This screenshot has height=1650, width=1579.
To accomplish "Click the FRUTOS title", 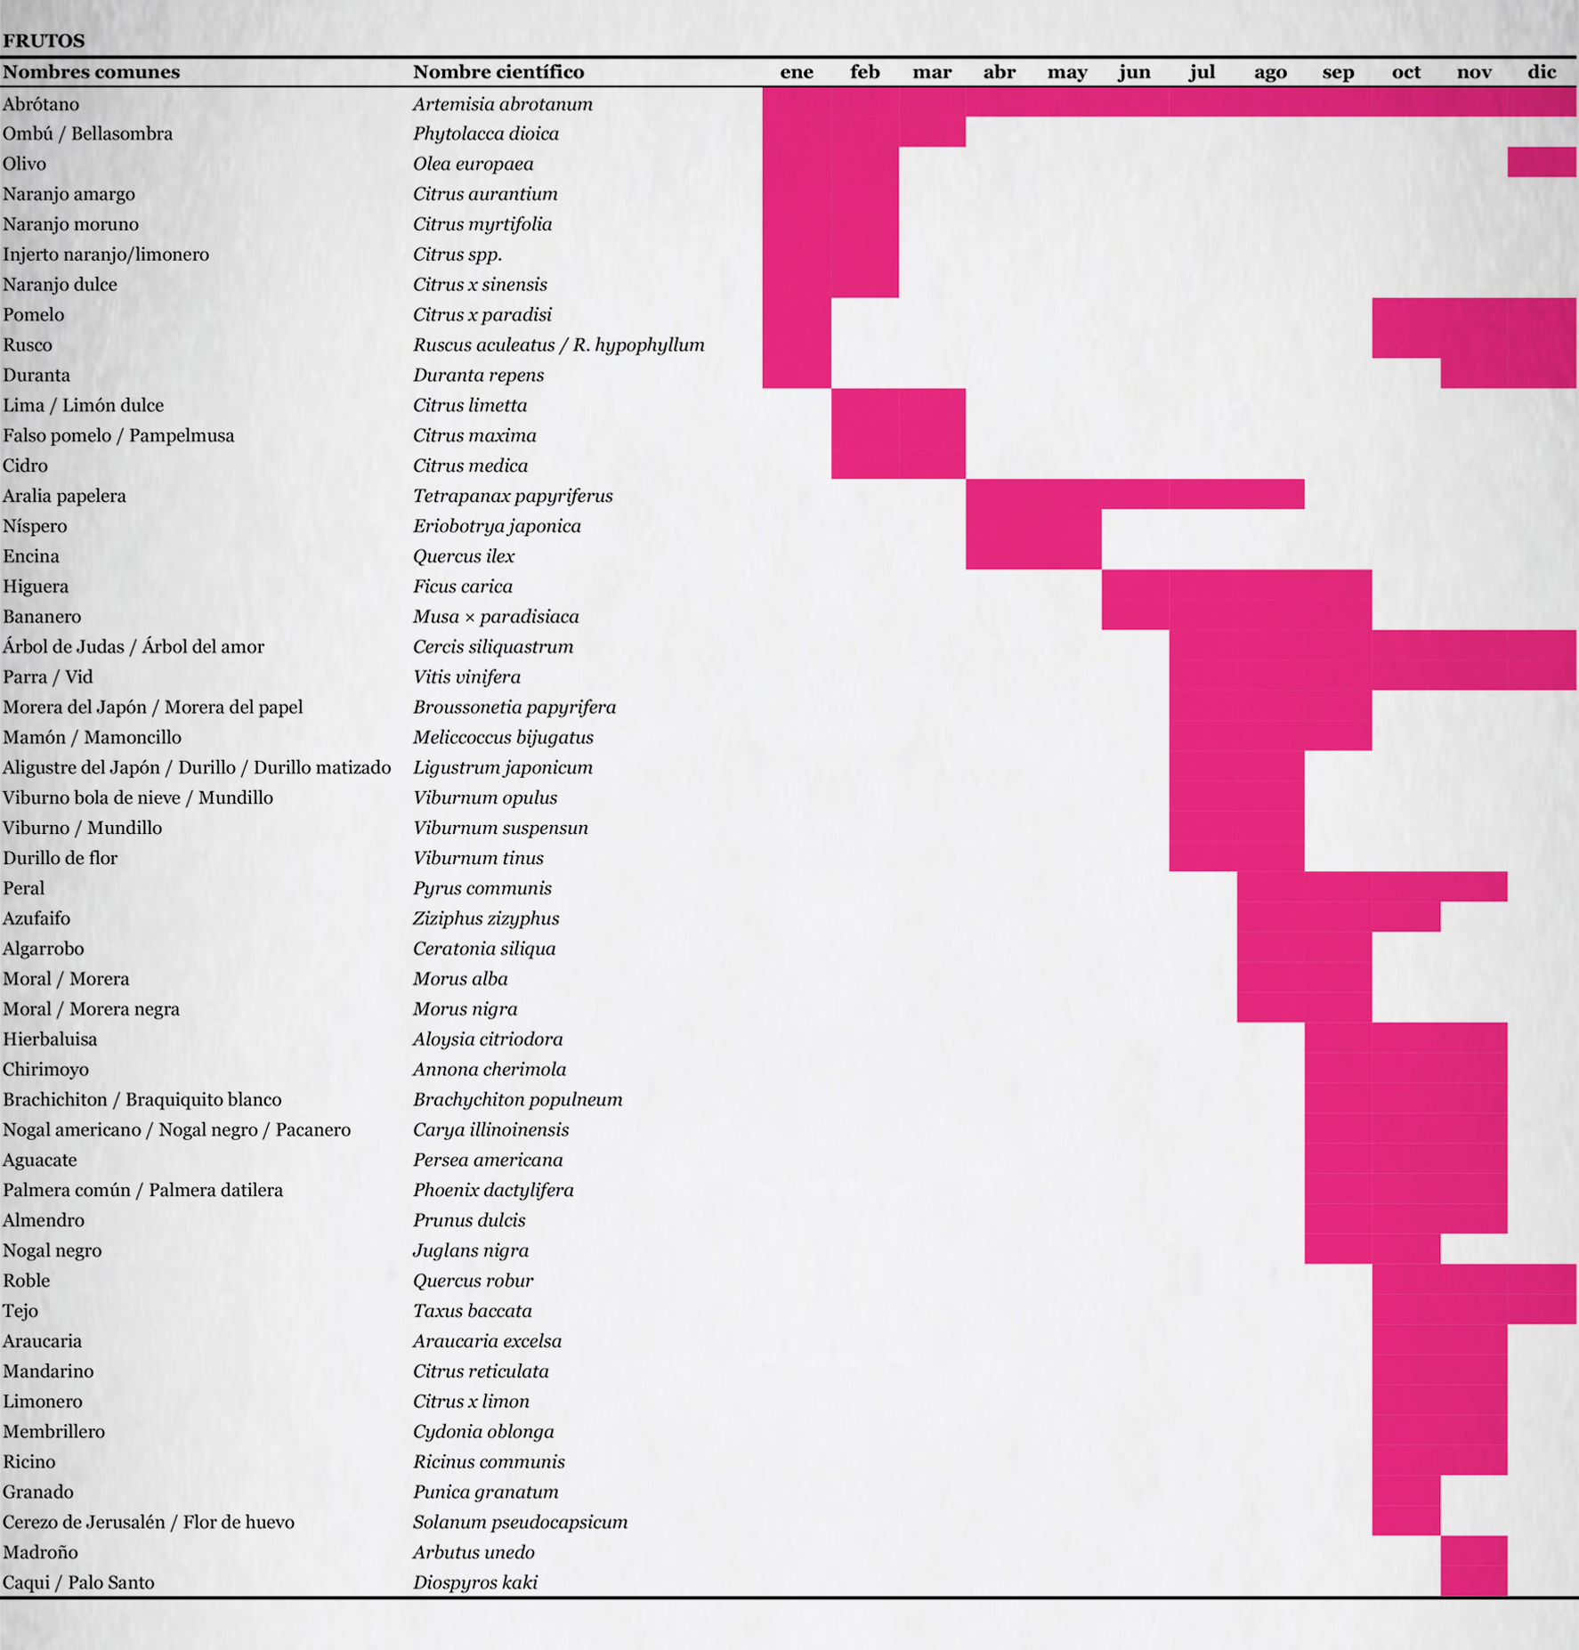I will tap(44, 40).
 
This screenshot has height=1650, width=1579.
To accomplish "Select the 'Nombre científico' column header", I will tap(498, 72).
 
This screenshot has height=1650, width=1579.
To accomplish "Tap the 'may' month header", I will tap(1067, 72).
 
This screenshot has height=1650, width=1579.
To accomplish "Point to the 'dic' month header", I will tap(1542, 72).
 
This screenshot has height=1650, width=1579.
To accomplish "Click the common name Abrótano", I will tap(41, 104).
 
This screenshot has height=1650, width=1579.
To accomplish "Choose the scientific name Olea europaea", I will tap(474, 164).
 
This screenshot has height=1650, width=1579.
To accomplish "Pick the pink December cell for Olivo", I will tap(1542, 163).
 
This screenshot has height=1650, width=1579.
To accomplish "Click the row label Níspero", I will tap(35, 526).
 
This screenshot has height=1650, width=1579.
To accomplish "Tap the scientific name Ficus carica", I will tap(463, 586).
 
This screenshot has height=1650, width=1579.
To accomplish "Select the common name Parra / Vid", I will tap(48, 677).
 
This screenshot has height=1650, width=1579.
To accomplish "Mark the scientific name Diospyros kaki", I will tap(475, 1582).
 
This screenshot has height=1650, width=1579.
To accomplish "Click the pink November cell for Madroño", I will tap(1474, 1552).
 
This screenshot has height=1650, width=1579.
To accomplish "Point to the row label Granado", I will tap(38, 1492).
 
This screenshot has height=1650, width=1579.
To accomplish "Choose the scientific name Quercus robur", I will tap(474, 1281).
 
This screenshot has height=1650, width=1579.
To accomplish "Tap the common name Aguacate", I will tap(40, 1160).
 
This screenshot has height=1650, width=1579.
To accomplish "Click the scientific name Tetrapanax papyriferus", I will tap(513, 496).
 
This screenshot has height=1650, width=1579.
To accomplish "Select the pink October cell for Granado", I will tap(1406, 1492).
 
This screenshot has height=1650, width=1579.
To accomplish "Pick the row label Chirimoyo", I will tap(45, 1069).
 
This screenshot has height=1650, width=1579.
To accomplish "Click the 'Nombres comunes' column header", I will tap(91, 72).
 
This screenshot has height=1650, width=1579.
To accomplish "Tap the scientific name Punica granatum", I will tap(486, 1492).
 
